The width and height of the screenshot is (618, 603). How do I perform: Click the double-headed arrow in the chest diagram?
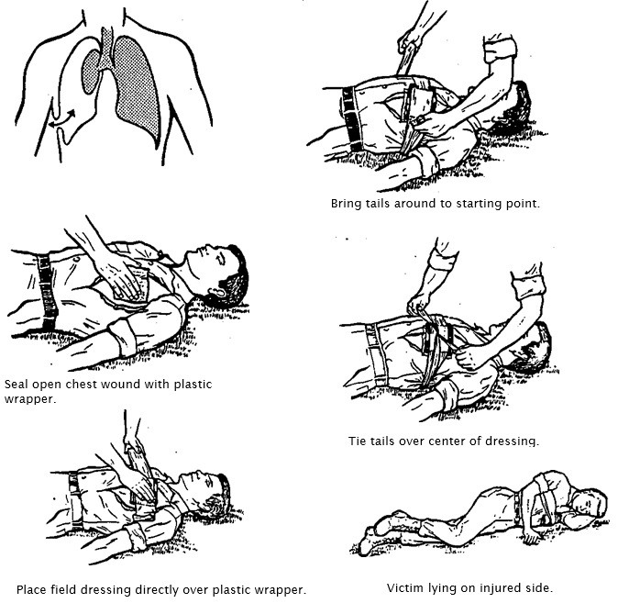(61, 119)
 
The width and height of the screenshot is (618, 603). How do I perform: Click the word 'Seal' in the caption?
(16, 384)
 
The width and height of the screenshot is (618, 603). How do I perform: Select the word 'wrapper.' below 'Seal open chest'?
(30, 399)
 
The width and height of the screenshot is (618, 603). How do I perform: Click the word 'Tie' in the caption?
(357, 441)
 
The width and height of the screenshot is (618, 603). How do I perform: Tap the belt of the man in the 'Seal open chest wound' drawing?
(47, 293)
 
